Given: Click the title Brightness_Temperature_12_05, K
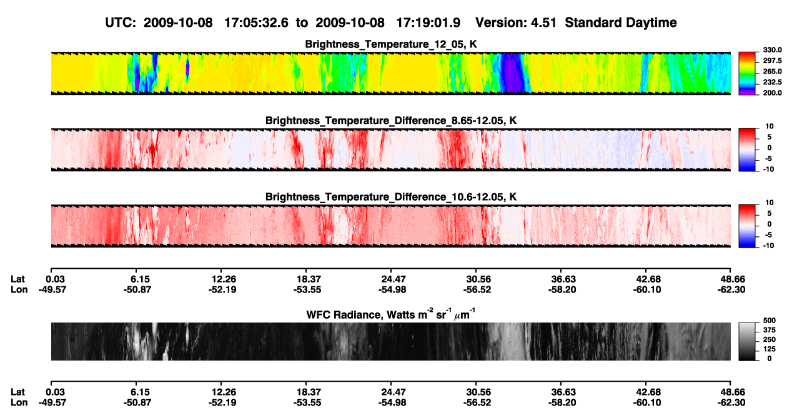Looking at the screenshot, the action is (x=391, y=44).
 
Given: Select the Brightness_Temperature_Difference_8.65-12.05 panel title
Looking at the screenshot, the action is (x=391, y=120).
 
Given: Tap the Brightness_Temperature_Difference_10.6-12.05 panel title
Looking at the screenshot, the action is (x=391, y=197).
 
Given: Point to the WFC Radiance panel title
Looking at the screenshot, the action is (x=391, y=314).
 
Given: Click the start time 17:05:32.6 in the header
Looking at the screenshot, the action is (x=256, y=22).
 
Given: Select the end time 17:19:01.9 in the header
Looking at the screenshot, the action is (x=428, y=22).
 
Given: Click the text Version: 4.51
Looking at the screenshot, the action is (x=516, y=22).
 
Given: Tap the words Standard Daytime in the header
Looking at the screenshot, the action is (x=621, y=23).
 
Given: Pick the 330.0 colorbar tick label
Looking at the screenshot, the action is (x=772, y=50).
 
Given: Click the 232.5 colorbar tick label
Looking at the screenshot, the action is (x=772, y=82).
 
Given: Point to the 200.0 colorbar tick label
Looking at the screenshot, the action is (x=772, y=93).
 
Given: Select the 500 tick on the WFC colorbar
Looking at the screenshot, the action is (x=770, y=321).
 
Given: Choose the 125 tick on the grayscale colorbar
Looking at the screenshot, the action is (x=770, y=349).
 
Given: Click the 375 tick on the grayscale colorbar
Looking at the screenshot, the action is (x=770, y=330).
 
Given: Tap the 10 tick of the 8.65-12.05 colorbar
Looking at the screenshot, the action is (x=770, y=127).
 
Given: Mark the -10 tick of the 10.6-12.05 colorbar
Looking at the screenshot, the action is (x=768, y=246).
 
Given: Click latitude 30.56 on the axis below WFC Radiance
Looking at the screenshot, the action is (x=478, y=392).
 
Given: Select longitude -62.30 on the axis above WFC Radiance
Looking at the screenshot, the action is (x=731, y=289).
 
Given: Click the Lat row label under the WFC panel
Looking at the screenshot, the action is (x=17, y=392).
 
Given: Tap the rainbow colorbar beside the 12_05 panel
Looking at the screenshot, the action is (x=747, y=74).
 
